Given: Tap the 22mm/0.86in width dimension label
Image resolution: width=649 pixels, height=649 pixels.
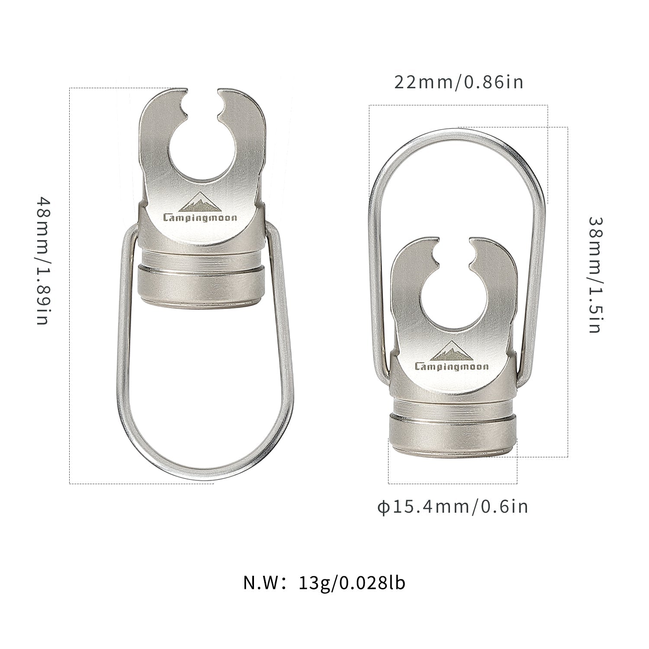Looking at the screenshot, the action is [x=459, y=82].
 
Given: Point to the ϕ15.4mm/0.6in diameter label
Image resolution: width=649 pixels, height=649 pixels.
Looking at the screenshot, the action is [x=453, y=507].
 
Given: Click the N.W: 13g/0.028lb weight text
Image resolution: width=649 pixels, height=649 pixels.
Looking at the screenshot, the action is [x=324, y=583].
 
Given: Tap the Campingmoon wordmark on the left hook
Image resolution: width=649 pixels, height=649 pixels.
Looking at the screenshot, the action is [x=200, y=218].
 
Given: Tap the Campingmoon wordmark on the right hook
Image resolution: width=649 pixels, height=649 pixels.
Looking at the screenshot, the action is [x=452, y=367].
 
